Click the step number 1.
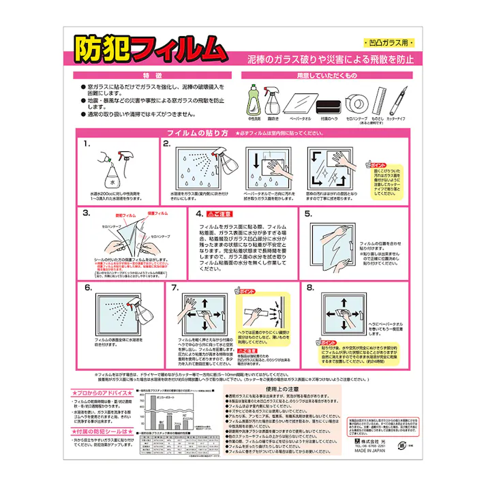(87, 145)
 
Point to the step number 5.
(307, 213)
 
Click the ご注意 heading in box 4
(218, 213)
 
